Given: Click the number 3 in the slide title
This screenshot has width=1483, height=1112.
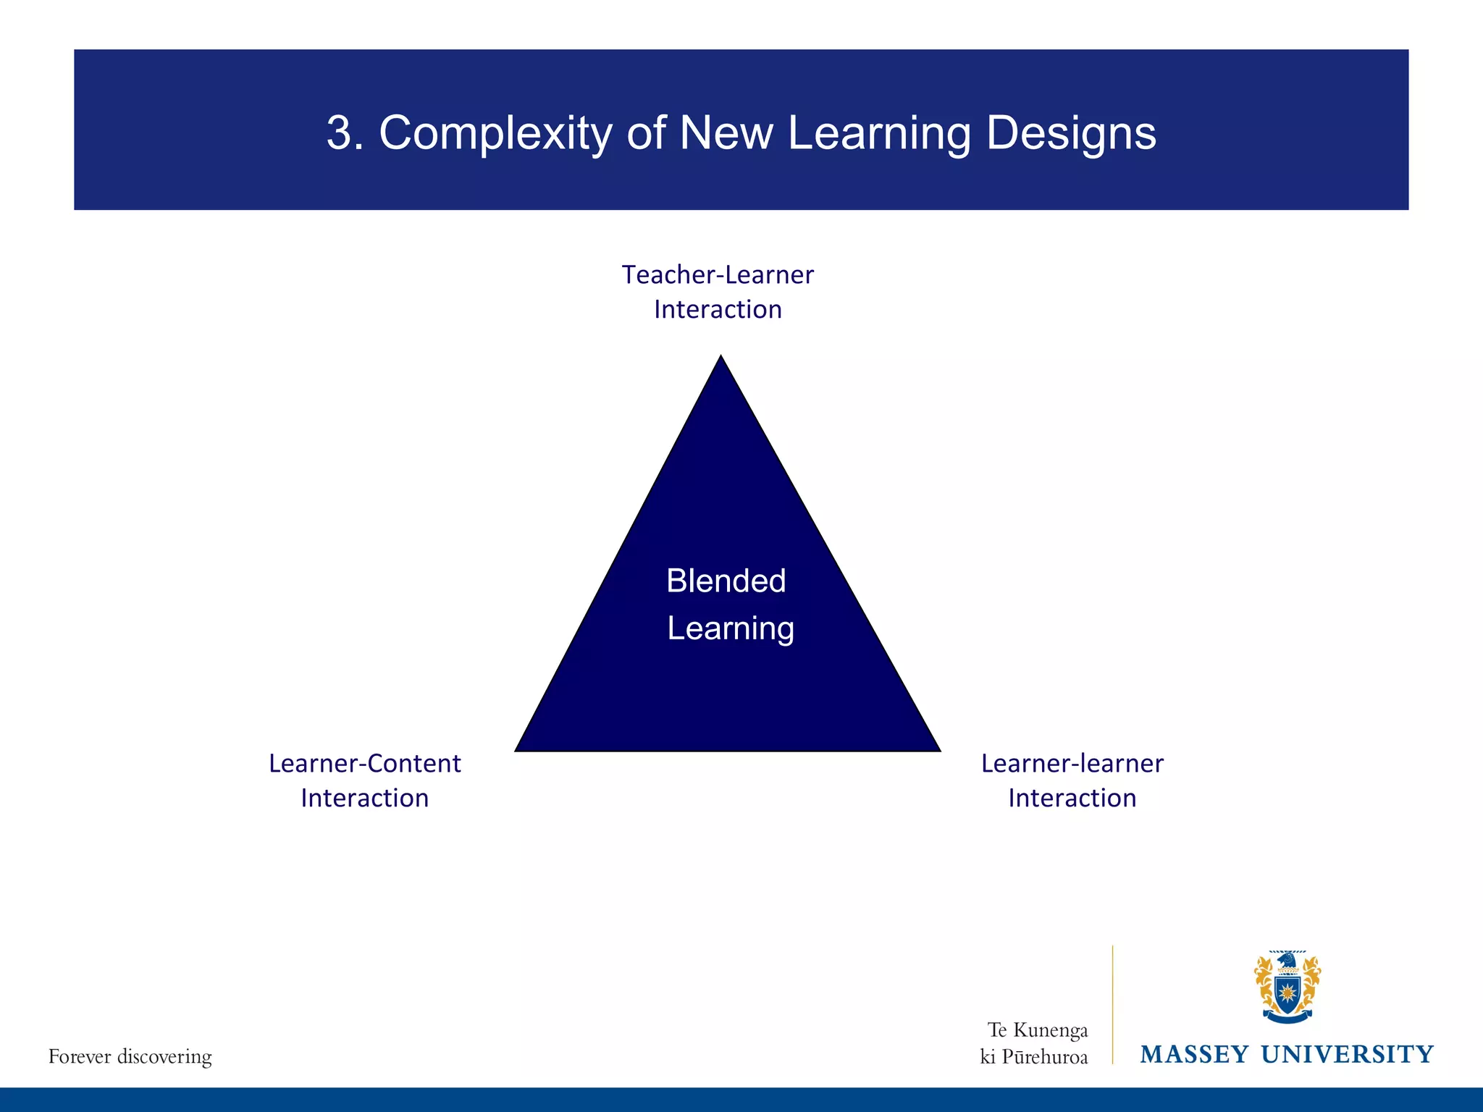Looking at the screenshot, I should tap(341, 133).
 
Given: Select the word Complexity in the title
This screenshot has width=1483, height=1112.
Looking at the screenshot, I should tap(495, 135).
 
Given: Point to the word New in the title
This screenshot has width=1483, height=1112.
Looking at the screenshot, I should tap(726, 133).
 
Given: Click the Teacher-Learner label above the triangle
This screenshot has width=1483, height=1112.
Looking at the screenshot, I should tap(718, 275).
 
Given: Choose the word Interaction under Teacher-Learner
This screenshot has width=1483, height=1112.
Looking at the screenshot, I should tap(718, 310).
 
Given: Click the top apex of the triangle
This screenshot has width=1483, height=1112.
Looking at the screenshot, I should tap(721, 358).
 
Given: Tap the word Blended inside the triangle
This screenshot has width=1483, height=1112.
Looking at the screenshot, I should tap(726, 581).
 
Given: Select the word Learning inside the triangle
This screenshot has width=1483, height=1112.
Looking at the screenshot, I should tap(730, 628).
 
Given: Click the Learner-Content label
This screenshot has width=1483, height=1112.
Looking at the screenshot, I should tap(364, 764).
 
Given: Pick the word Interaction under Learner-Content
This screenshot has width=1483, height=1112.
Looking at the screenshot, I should tap(364, 799).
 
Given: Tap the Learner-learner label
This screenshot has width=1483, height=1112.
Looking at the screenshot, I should tap(1072, 764).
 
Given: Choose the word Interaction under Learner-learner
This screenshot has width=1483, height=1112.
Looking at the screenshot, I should tap(1072, 799).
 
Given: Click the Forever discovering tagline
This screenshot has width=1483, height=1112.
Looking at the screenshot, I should tap(130, 1057).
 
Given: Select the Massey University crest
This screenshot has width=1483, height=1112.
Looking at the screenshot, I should tap(1287, 987).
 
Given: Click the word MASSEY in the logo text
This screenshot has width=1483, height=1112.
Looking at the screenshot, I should tap(1194, 1055).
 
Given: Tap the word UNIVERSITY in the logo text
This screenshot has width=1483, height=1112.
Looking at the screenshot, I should tap(1347, 1055).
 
